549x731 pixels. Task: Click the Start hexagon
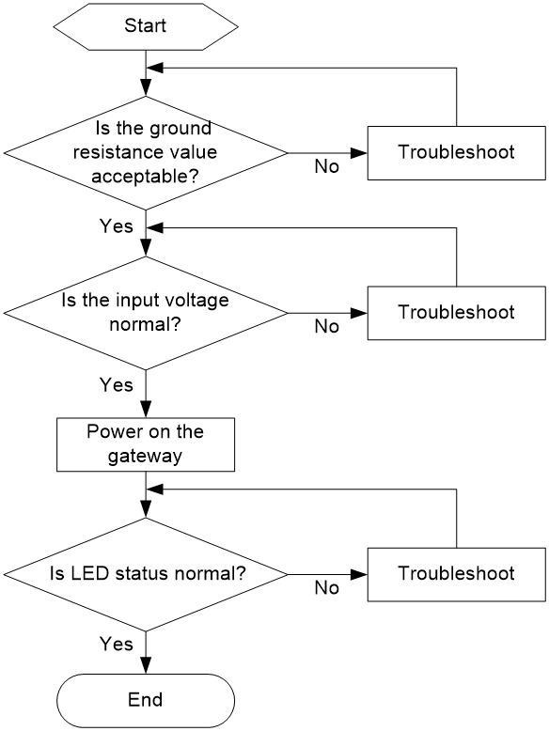tap(146, 26)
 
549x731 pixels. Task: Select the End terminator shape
tap(146, 700)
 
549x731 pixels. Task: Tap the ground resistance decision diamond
tap(146, 153)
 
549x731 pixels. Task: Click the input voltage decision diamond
tap(146, 313)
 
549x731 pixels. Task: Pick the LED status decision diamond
tap(146, 574)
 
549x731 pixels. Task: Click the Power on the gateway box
tap(146, 444)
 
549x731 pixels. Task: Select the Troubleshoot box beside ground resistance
tap(456, 153)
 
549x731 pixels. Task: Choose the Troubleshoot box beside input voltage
tap(456, 313)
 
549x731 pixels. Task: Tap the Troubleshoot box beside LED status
tap(456, 574)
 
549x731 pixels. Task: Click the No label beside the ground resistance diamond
tap(326, 166)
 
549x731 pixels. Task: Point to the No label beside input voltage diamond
tap(326, 326)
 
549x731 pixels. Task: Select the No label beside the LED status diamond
tap(326, 588)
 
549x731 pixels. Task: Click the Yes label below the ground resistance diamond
tap(117, 226)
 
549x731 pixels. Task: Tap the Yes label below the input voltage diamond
tap(117, 385)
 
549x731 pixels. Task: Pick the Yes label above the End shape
tap(117, 644)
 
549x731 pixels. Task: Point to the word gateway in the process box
tap(145, 457)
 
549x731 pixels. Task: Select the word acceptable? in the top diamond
tap(145, 177)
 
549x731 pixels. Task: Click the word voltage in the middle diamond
tap(199, 301)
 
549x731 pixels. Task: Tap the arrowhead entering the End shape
tap(146, 666)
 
